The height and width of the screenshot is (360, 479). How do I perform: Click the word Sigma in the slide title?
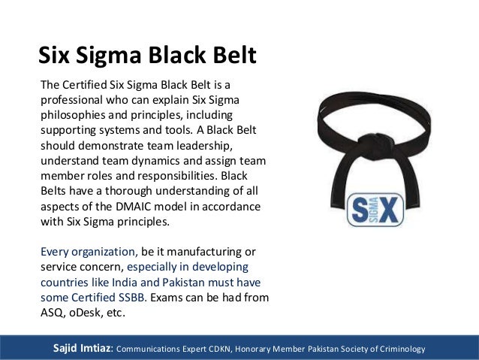pos(116,55)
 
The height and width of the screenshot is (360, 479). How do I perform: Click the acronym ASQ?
pos(51,313)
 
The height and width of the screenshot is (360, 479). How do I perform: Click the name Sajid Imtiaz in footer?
pos(80,348)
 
